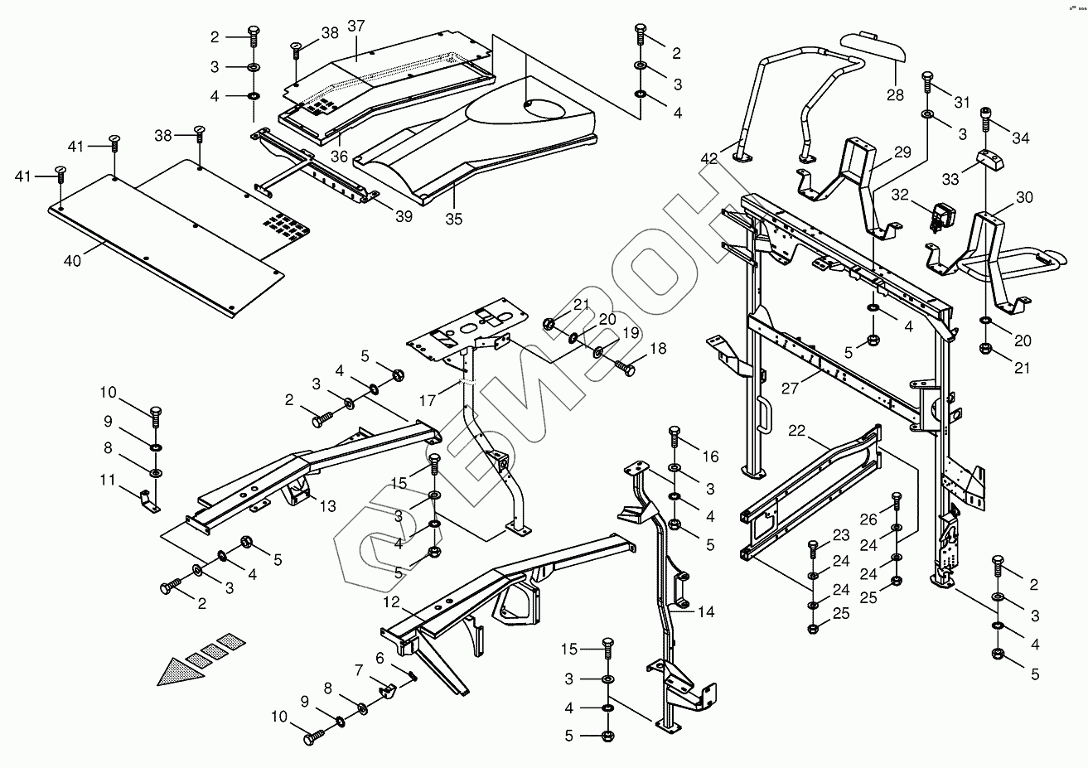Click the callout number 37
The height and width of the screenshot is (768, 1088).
(x=355, y=27)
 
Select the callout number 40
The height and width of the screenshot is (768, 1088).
(x=73, y=261)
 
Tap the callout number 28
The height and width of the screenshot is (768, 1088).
(x=895, y=94)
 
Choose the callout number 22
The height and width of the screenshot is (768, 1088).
(x=796, y=431)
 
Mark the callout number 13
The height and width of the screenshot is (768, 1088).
(x=327, y=505)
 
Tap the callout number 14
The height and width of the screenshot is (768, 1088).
(x=705, y=612)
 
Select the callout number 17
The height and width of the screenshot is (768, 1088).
(x=427, y=399)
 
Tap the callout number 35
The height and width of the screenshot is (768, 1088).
(x=453, y=220)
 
